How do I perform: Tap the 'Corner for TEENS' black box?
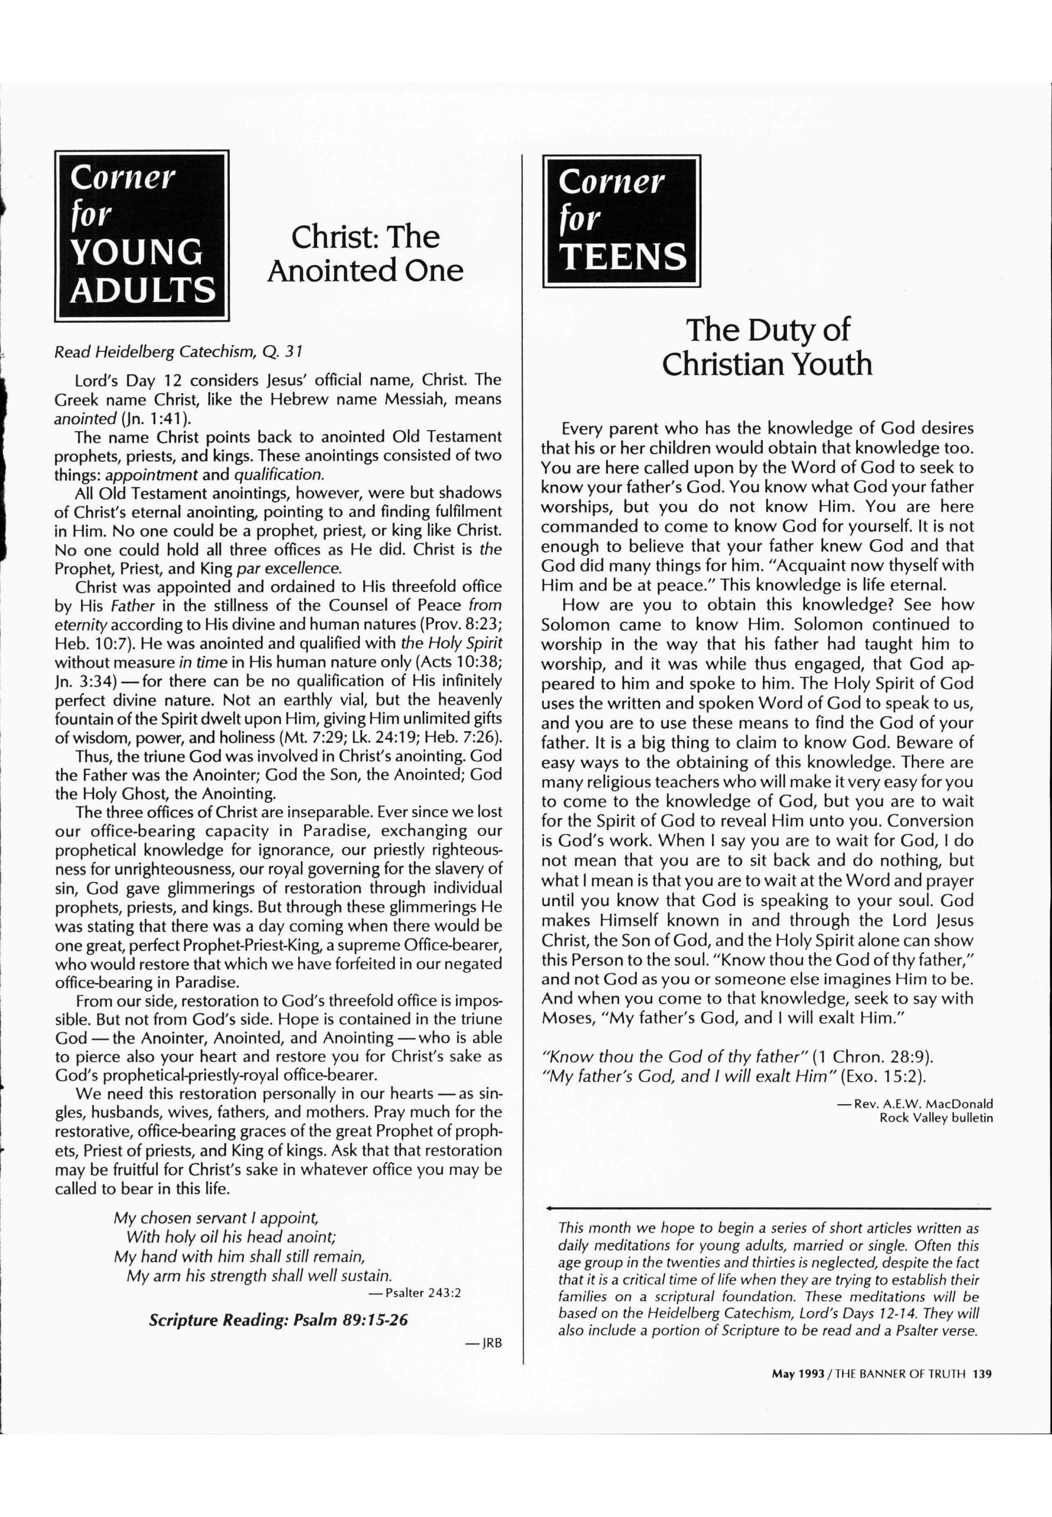tap(621, 221)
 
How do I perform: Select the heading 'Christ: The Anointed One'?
tap(365, 254)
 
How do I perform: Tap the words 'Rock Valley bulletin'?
tap(936, 1117)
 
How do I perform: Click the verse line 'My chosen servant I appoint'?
tap(216, 1218)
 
